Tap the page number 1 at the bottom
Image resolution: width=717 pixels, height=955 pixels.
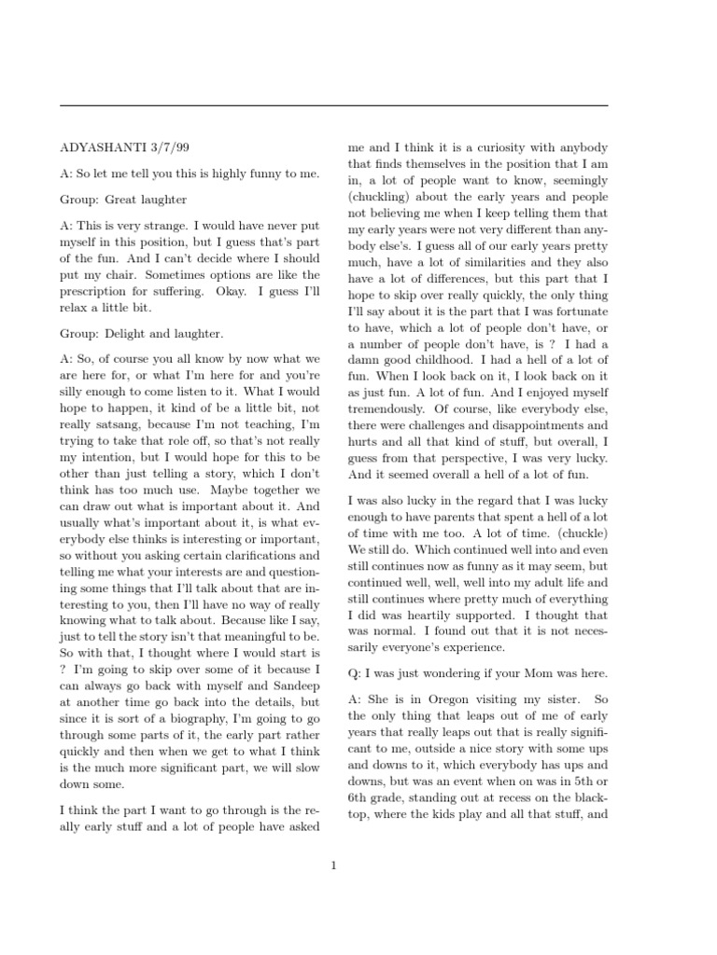[333, 865]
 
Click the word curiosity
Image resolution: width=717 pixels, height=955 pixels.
[502, 148]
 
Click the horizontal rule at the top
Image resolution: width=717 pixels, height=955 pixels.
[333, 105]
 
